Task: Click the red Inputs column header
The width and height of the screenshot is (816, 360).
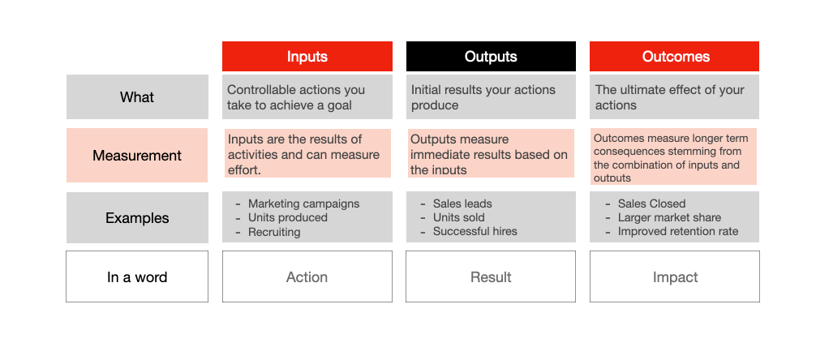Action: click(307, 57)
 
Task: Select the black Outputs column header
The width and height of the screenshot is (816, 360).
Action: click(491, 57)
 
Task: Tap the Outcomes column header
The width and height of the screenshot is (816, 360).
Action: click(675, 57)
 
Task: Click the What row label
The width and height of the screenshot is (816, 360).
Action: click(136, 97)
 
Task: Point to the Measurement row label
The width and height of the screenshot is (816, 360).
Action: click(136, 156)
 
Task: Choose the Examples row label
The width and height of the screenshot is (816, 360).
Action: click(136, 218)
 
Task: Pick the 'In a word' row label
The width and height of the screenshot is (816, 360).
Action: click(136, 277)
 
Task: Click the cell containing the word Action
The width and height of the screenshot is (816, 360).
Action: click(307, 277)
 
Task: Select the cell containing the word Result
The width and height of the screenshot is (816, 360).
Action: click(491, 277)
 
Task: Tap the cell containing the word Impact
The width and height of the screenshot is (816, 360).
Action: click(675, 277)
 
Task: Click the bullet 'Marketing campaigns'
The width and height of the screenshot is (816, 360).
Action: click(303, 204)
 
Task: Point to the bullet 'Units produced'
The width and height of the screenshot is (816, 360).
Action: click(287, 218)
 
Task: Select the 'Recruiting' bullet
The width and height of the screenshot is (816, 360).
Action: click(274, 232)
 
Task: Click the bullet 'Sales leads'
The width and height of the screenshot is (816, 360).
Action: click(462, 204)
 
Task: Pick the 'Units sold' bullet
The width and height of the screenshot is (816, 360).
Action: click(458, 218)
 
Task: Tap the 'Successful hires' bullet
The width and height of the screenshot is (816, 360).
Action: click(475, 232)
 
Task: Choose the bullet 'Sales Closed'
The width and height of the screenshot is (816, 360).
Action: click(651, 204)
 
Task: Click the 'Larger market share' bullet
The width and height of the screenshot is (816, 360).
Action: click(669, 218)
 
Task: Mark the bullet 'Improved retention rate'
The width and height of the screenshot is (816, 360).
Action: click(678, 232)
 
